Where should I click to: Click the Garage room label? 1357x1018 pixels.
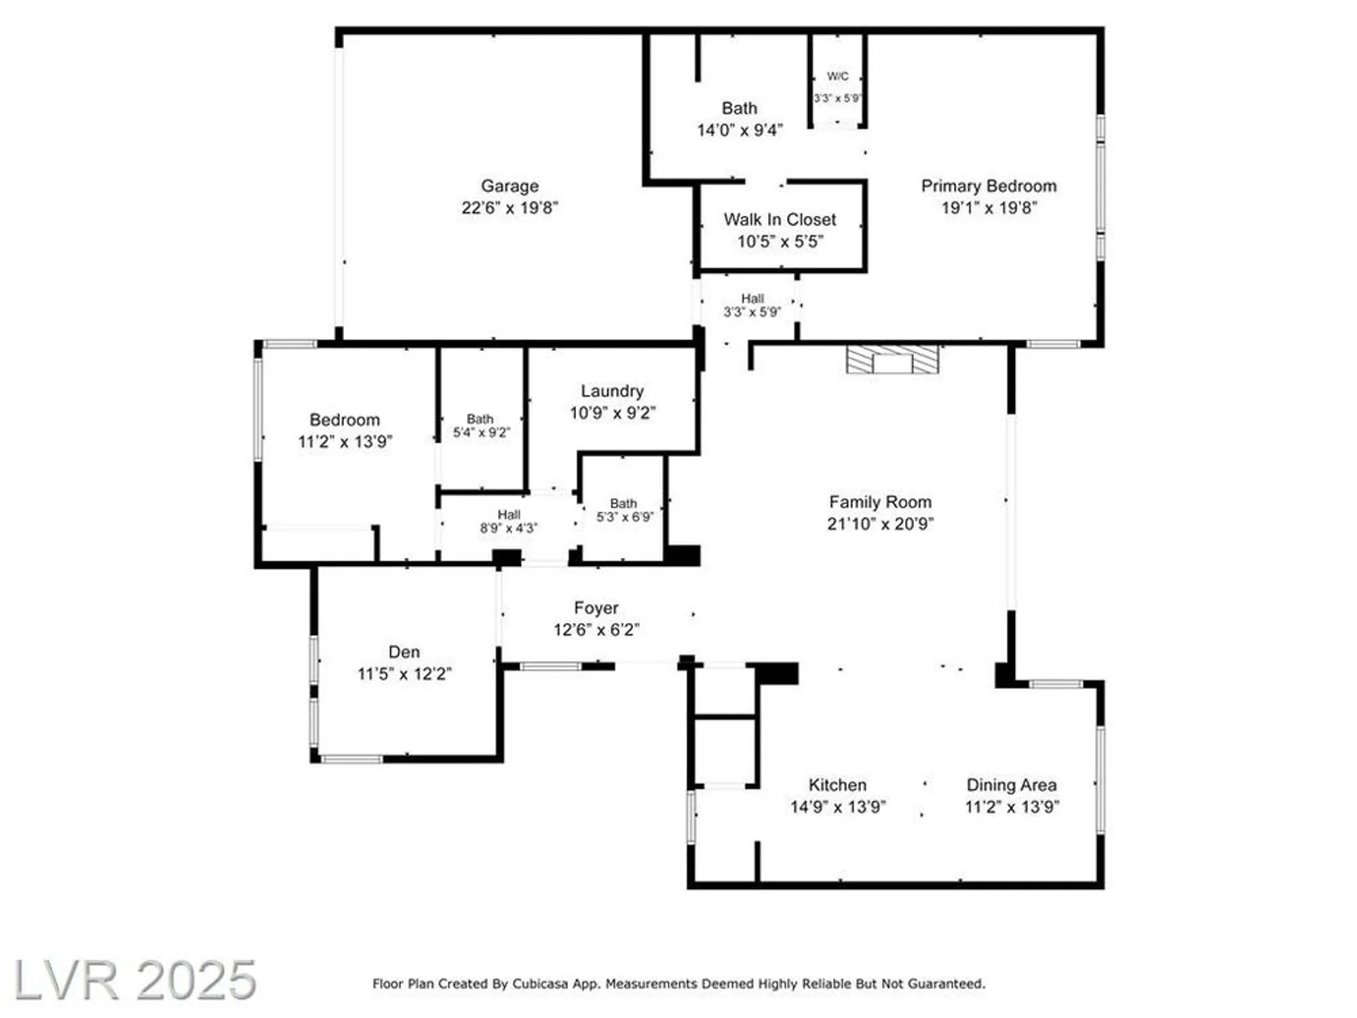tap(510, 186)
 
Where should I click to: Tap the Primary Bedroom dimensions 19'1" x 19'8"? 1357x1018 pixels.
tap(989, 208)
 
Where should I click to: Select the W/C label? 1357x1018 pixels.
tap(837, 76)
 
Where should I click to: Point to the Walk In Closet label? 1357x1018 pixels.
tap(780, 220)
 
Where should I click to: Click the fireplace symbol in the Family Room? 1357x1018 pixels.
tap(892, 360)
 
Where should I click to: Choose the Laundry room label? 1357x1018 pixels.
tap(612, 391)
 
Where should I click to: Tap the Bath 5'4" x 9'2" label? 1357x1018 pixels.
tap(480, 426)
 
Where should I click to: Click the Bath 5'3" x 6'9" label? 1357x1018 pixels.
tap(624, 510)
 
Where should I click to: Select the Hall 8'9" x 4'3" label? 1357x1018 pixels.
tap(509, 521)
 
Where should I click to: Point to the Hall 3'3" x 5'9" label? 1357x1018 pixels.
tap(752, 305)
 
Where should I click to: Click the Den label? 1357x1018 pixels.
tap(404, 652)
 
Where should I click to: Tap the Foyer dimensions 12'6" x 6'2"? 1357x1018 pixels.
tap(596, 630)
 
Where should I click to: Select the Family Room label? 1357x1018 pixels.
tap(880, 502)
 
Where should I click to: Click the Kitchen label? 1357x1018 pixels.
tap(837, 785)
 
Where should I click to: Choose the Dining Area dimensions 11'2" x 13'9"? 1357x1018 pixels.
tap(1012, 807)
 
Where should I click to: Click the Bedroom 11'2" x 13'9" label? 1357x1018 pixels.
tap(345, 430)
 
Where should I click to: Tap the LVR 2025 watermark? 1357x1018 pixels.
tap(134, 979)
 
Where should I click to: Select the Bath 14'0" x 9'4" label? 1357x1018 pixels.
tap(740, 119)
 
